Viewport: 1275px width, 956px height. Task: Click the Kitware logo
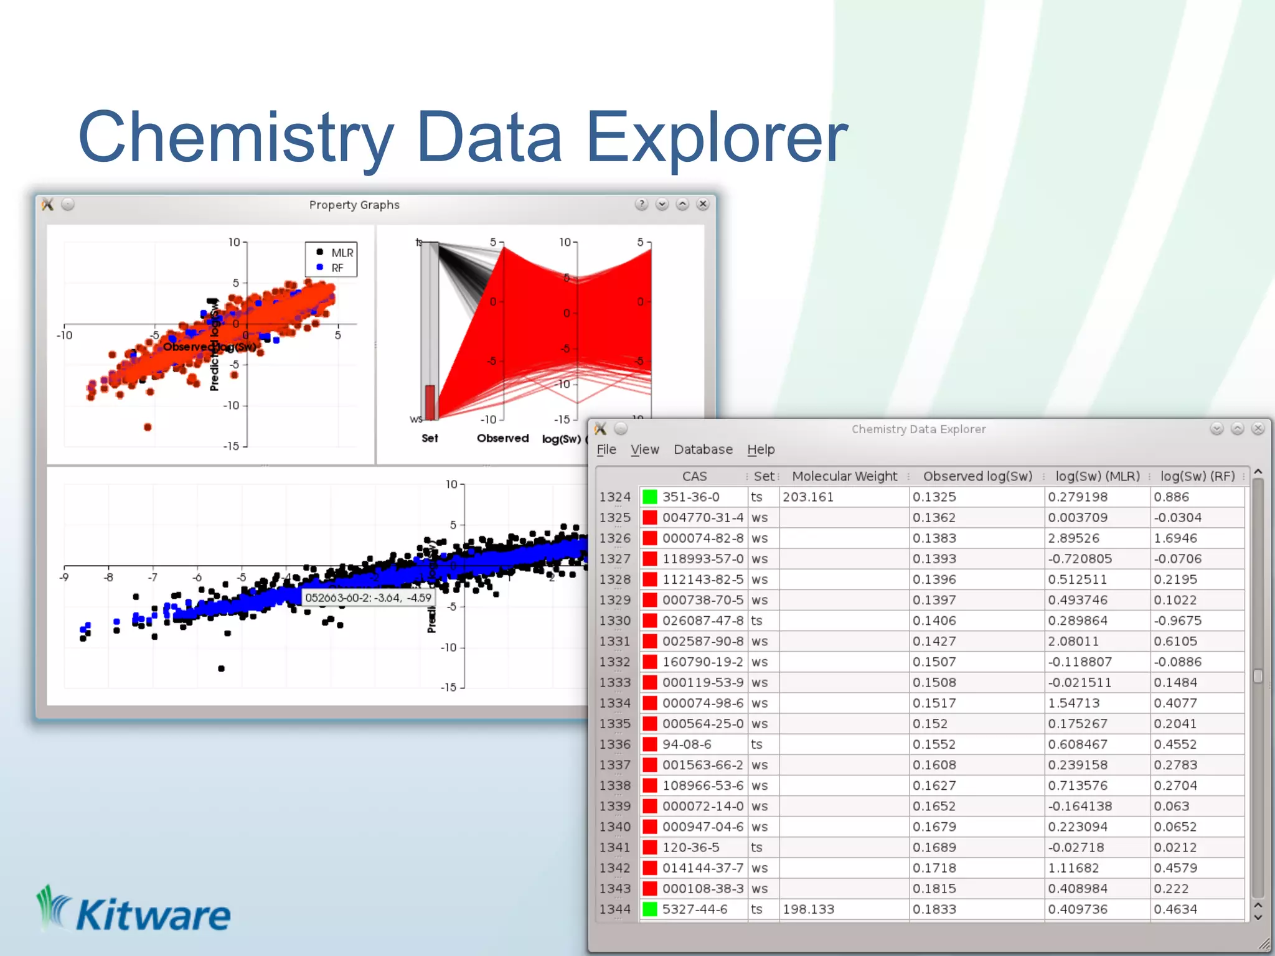(x=134, y=912)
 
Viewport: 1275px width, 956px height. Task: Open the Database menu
(x=703, y=449)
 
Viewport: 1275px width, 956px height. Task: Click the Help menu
(x=761, y=449)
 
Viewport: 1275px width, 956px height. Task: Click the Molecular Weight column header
(x=844, y=476)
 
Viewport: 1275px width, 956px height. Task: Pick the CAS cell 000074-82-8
(x=702, y=538)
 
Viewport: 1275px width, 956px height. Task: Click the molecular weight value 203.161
(x=807, y=497)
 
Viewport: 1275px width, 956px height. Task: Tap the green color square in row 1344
(x=649, y=909)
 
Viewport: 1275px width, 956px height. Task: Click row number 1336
(x=614, y=744)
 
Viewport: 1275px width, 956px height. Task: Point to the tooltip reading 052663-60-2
(x=368, y=597)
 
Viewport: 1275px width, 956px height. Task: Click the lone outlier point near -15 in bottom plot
(x=221, y=668)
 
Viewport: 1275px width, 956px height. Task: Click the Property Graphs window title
(x=354, y=205)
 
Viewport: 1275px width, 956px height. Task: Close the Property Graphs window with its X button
(x=703, y=204)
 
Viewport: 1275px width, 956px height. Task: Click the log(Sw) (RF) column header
(x=1197, y=476)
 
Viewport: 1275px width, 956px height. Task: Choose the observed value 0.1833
(x=934, y=909)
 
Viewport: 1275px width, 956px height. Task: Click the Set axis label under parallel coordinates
(x=430, y=438)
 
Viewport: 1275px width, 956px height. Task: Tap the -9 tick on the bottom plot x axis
(x=64, y=578)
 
